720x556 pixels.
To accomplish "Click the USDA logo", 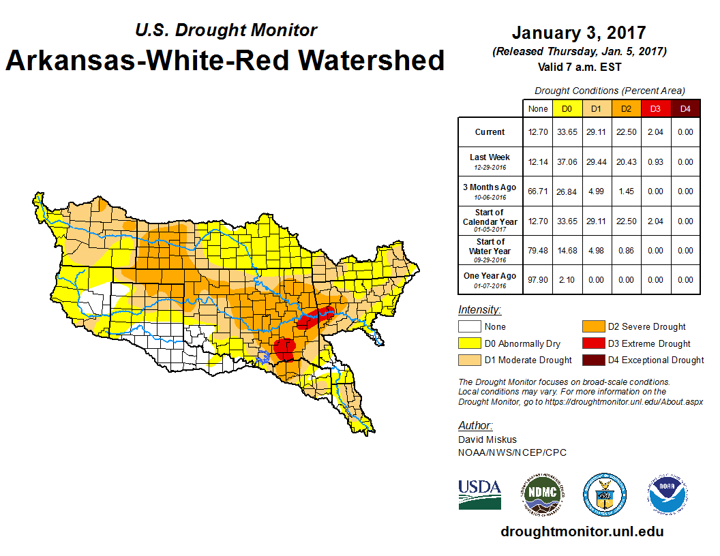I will pyautogui.click(x=480, y=494).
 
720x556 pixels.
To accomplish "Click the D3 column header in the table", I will pyautogui.click(x=655, y=109).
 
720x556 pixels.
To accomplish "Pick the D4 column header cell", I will pyautogui.click(x=686, y=109).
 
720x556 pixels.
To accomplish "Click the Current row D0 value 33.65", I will pyautogui.click(x=567, y=132).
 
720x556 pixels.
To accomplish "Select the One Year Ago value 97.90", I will pyautogui.click(x=538, y=279).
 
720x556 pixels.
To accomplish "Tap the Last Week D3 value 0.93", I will pyautogui.click(x=655, y=162).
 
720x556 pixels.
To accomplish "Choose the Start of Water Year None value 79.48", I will pyautogui.click(x=538, y=251).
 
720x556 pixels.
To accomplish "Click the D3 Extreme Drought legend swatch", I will pyautogui.click(x=593, y=343).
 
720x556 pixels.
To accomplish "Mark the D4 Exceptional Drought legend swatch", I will pyautogui.click(x=593, y=360).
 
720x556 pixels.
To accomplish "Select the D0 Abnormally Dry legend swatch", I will pyautogui.click(x=468, y=343).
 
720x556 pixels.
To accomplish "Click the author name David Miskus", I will pyautogui.click(x=487, y=439).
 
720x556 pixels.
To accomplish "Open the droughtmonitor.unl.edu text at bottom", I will pyautogui.click(x=582, y=531).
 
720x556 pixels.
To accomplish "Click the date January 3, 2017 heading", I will pyautogui.click(x=579, y=33).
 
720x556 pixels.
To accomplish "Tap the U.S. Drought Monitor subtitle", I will pyautogui.click(x=226, y=31).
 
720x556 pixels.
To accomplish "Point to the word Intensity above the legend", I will pyautogui.click(x=479, y=310).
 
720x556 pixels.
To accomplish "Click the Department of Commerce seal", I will pyautogui.click(x=604, y=494).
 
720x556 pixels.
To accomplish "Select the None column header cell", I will pyautogui.click(x=538, y=109).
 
